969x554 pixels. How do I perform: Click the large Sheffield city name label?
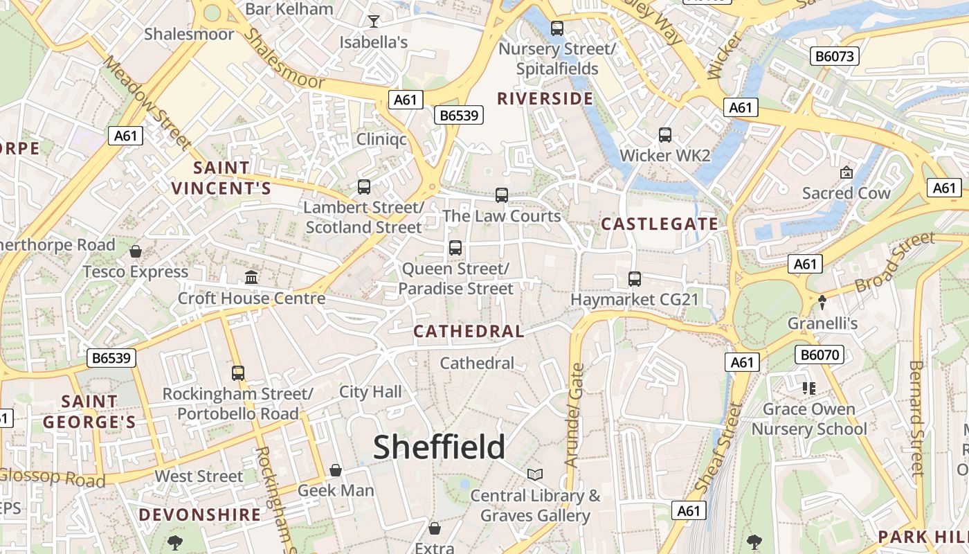tap(440, 447)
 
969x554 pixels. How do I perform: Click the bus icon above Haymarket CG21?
tap(634, 279)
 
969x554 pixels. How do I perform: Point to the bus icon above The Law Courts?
tap(502, 195)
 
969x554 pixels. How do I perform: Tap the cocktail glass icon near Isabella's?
tap(374, 21)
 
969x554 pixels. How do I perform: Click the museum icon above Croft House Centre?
tap(251, 278)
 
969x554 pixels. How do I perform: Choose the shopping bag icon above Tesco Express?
tap(136, 251)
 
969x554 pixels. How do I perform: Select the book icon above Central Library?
tap(535, 474)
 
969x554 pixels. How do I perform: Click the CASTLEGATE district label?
tap(660, 224)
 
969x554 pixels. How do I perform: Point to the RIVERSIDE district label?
tap(545, 99)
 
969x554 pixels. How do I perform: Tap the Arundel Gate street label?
tap(575, 415)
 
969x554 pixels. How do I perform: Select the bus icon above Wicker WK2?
tap(665, 135)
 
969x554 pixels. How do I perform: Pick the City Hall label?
tap(370, 392)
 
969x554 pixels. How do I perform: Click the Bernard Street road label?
tap(916, 418)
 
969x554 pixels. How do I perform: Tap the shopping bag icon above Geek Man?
tap(336, 470)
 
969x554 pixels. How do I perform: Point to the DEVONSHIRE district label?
tap(200, 515)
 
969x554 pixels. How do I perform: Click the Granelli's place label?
tap(822, 323)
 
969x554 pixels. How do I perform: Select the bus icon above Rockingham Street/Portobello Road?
tap(238, 373)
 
